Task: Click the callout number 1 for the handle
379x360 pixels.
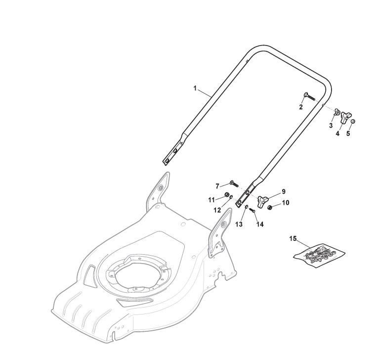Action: click(195, 88)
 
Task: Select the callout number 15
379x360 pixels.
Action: click(293, 239)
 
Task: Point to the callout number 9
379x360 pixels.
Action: click(284, 191)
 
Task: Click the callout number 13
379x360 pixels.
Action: click(239, 224)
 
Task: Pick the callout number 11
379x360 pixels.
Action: click(211, 200)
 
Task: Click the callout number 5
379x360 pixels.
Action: click(348, 134)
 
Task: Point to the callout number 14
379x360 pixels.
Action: click(260, 224)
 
